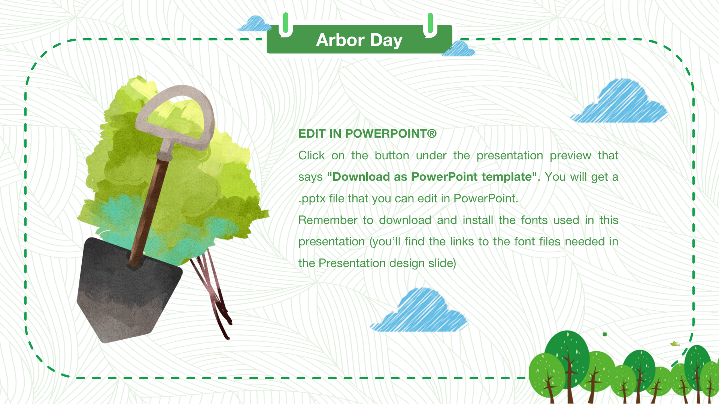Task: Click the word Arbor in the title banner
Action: (340, 40)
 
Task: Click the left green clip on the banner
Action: (286, 24)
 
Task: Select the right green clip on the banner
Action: (430, 24)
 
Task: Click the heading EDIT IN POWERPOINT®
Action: (367, 134)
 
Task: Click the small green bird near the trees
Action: (675, 343)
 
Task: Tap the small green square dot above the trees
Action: (605, 334)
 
